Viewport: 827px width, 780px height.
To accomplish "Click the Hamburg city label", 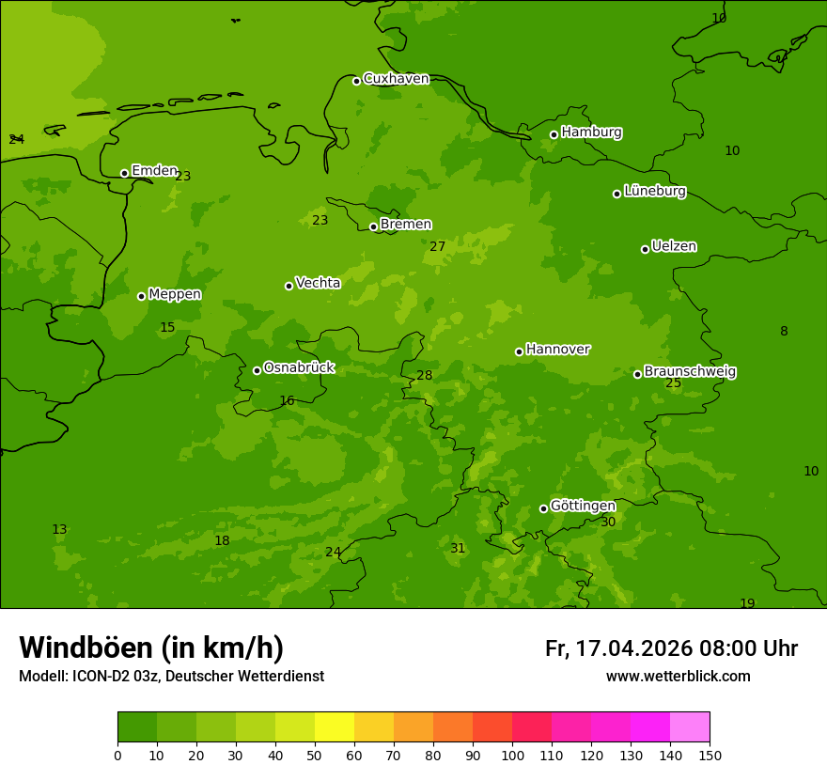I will [591, 133].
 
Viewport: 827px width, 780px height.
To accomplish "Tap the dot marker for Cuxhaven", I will [356, 81].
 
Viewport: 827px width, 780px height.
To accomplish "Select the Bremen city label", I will [405, 225].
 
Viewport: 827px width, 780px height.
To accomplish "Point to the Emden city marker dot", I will [124, 173].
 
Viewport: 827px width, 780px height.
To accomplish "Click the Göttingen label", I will [583, 506].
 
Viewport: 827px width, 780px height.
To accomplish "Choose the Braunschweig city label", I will [690, 372].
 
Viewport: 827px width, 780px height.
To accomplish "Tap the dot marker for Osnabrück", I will [257, 370].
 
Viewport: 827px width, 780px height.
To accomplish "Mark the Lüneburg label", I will [654, 191].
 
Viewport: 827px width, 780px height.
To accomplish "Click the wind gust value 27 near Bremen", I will [438, 247].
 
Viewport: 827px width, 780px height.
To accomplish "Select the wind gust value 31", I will [458, 549].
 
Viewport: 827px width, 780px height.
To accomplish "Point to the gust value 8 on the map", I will [784, 332].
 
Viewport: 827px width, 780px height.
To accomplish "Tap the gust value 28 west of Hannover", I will [425, 376].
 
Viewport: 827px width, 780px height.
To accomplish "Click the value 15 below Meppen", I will [167, 328].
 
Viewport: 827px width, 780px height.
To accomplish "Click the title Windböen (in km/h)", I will [151, 647].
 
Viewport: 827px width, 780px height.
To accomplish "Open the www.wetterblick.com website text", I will [678, 677].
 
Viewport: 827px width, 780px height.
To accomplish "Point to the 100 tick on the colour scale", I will [512, 755].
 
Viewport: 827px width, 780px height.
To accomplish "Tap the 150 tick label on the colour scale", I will [710, 755].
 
